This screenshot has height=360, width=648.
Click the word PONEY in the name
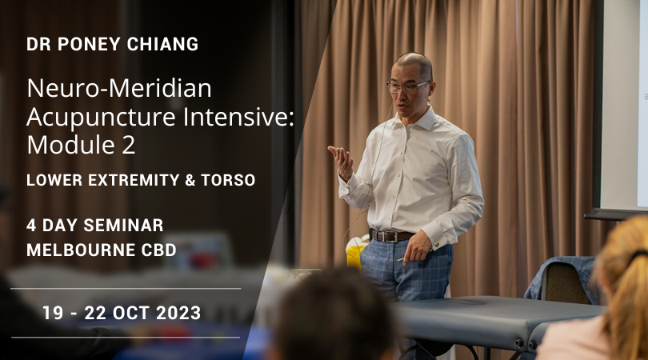click(x=89, y=44)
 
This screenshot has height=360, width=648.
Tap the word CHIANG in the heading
click(x=163, y=44)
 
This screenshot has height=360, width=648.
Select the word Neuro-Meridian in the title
click(x=119, y=89)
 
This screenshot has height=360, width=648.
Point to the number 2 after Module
click(x=129, y=145)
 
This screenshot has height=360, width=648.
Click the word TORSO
click(x=228, y=180)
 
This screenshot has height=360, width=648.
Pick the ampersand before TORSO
click(x=190, y=180)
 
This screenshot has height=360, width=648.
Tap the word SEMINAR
click(x=123, y=226)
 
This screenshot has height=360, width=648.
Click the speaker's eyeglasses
click(x=408, y=86)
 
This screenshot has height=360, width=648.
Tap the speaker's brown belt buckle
click(x=390, y=237)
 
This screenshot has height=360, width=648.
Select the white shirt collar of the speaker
click(x=414, y=120)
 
